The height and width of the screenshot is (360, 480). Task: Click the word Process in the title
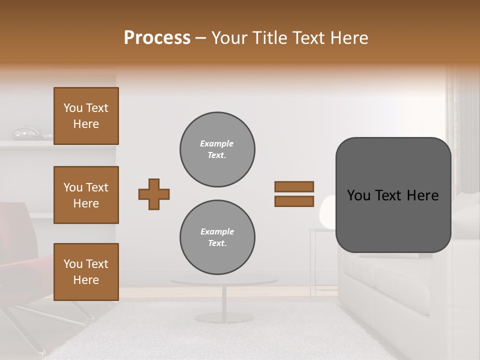(x=157, y=38)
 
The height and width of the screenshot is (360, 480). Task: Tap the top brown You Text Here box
(x=86, y=116)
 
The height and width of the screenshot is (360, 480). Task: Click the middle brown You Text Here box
(x=86, y=195)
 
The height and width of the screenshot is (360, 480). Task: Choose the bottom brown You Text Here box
(x=86, y=272)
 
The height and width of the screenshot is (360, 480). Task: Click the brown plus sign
(x=154, y=194)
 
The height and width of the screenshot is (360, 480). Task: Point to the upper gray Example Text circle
(x=217, y=149)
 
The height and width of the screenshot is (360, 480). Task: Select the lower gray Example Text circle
(x=217, y=237)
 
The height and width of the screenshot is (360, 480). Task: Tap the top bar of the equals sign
(x=294, y=186)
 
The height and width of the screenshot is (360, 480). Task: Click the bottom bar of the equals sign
(x=294, y=201)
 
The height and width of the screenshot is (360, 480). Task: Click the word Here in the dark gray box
(x=423, y=195)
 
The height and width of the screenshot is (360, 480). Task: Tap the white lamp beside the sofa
(x=327, y=212)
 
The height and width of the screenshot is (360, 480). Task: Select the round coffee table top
(x=223, y=280)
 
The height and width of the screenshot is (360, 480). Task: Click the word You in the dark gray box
(x=358, y=195)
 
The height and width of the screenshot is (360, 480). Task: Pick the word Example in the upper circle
(x=217, y=143)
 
